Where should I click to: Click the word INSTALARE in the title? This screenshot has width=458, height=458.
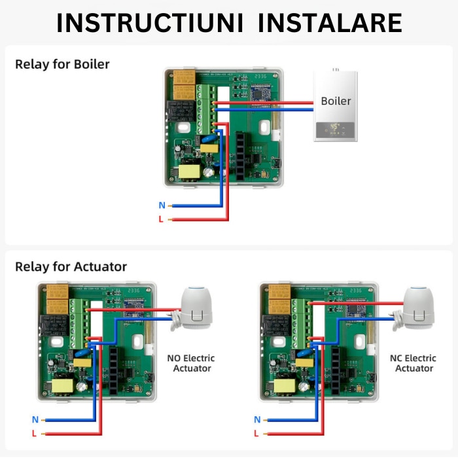point(330,23)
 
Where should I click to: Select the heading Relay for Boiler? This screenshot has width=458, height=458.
point(62,64)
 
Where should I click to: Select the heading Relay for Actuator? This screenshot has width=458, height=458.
point(71,267)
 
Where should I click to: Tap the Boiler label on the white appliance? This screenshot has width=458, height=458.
point(336,101)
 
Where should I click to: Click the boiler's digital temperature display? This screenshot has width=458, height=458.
point(335,127)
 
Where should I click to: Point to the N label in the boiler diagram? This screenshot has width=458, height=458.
point(161,205)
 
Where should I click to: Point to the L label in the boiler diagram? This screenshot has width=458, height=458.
point(161,219)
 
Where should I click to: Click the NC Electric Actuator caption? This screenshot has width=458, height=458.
point(414,363)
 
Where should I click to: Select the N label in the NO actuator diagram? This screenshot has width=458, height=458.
point(35,419)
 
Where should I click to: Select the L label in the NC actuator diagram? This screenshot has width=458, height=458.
point(257,433)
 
